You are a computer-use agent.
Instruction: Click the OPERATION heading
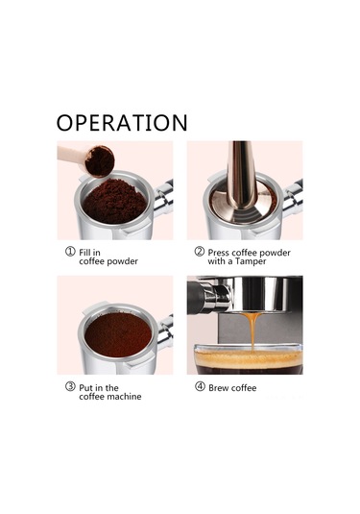(122, 123)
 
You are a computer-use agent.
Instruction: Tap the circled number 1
(70, 252)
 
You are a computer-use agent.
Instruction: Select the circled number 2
(199, 252)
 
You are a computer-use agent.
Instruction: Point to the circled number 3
(70, 387)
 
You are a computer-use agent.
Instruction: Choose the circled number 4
(200, 387)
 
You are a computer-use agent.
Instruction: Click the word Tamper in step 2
(251, 261)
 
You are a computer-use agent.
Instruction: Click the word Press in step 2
(218, 253)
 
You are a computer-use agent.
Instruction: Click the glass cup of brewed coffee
(249, 358)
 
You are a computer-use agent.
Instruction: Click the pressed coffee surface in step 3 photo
(118, 334)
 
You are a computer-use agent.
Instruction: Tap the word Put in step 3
(85, 388)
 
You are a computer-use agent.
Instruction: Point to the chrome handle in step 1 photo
(163, 198)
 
